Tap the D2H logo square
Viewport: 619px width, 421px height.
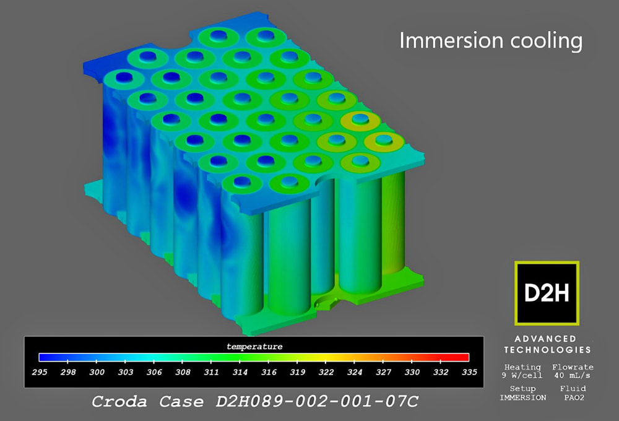(547, 293)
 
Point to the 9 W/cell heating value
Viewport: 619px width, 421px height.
(522, 375)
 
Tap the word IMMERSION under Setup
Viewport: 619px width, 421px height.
(522, 397)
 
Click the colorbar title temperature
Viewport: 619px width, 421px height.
(253, 346)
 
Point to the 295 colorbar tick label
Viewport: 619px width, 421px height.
(40, 371)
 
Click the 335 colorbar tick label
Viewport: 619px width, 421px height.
(469, 371)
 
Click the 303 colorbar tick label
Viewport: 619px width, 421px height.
(125, 371)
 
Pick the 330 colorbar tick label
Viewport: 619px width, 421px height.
(412, 371)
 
